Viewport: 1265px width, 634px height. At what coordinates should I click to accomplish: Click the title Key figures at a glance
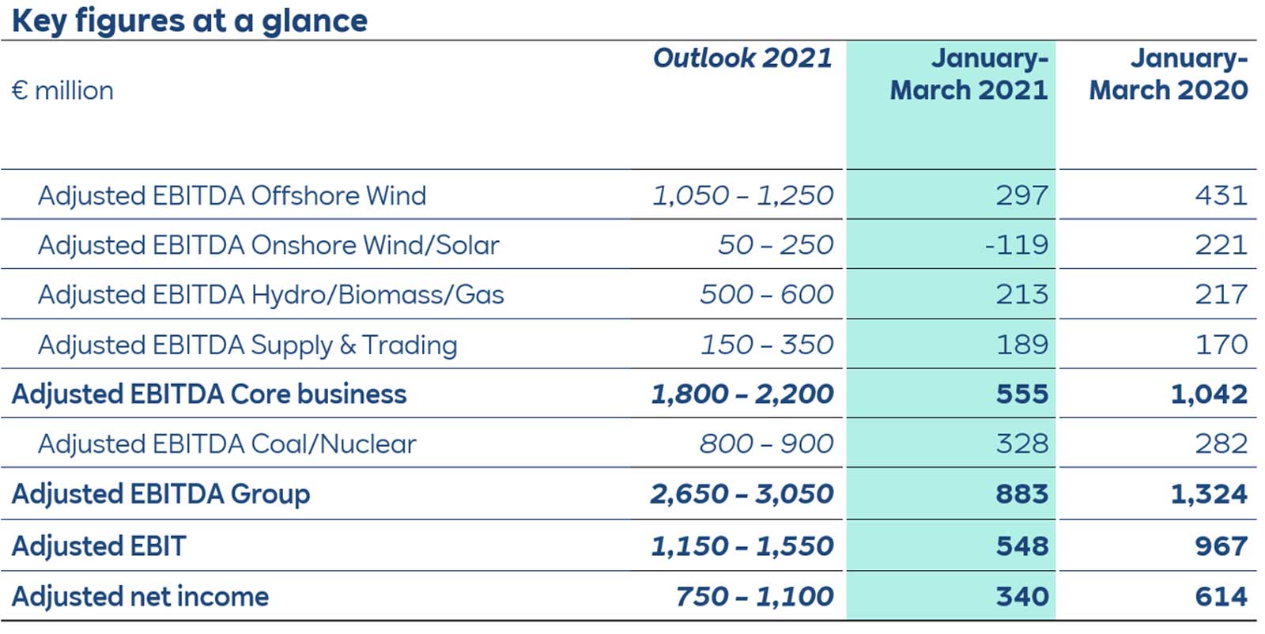click(x=190, y=21)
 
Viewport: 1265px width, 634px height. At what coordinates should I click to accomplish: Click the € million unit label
click(x=63, y=91)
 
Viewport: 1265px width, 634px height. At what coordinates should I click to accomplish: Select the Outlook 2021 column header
click(x=742, y=58)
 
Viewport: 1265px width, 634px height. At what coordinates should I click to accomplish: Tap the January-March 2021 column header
click(x=969, y=74)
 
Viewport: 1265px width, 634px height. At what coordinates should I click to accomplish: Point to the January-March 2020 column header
click(x=1169, y=74)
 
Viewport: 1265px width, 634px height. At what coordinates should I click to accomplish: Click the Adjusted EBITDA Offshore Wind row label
click(x=232, y=195)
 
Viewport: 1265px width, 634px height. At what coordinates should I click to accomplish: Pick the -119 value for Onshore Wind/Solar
click(x=1017, y=245)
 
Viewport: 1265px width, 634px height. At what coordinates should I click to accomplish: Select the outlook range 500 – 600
click(x=766, y=295)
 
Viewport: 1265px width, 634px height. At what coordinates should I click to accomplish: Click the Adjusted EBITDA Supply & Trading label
click(x=247, y=345)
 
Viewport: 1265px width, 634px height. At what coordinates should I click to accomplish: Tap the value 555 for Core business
click(x=1022, y=394)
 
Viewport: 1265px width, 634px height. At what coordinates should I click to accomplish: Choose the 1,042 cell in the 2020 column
click(x=1209, y=394)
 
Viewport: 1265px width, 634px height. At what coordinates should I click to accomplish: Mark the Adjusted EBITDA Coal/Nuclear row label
click(x=227, y=444)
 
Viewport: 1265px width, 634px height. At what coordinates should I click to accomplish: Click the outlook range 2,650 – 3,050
click(x=742, y=494)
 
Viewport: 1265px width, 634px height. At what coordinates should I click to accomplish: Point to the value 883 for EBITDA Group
click(x=1022, y=494)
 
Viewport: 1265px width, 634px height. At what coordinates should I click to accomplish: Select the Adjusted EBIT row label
click(x=99, y=546)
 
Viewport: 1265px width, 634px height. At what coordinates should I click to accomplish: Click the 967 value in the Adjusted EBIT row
click(x=1222, y=546)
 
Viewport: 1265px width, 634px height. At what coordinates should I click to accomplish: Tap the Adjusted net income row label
click(x=140, y=597)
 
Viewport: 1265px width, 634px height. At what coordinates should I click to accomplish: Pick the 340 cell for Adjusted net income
click(x=1022, y=597)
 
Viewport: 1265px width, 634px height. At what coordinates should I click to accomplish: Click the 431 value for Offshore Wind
click(x=1222, y=195)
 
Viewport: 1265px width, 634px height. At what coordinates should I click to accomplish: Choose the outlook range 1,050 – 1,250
click(x=742, y=195)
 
